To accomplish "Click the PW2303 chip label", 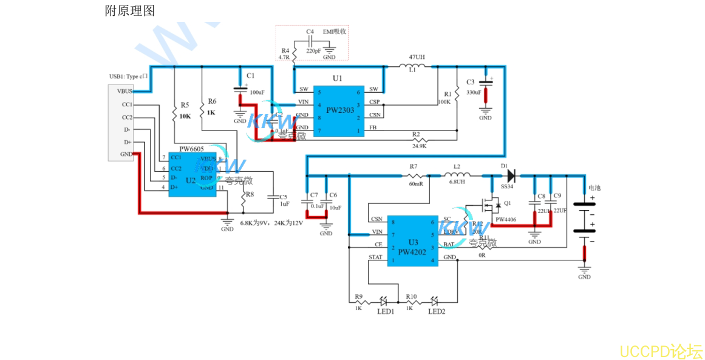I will (x=339, y=110).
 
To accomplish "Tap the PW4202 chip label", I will (x=412, y=251).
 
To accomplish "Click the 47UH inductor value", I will (x=417, y=57).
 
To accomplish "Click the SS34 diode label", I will (x=506, y=186).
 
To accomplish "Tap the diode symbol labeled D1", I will (x=510, y=176).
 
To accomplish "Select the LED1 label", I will (x=385, y=311).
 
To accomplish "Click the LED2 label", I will (x=437, y=311).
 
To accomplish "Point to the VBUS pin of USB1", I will (x=124, y=91).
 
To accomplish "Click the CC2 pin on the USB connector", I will (x=127, y=117).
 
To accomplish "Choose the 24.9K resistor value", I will (x=419, y=146).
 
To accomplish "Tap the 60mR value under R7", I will (x=415, y=183).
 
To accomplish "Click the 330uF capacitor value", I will (x=474, y=93).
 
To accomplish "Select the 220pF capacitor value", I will (x=313, y=52).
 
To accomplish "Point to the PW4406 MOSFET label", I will (x=505, y=219).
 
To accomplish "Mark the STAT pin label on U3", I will (x=375, y=257).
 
